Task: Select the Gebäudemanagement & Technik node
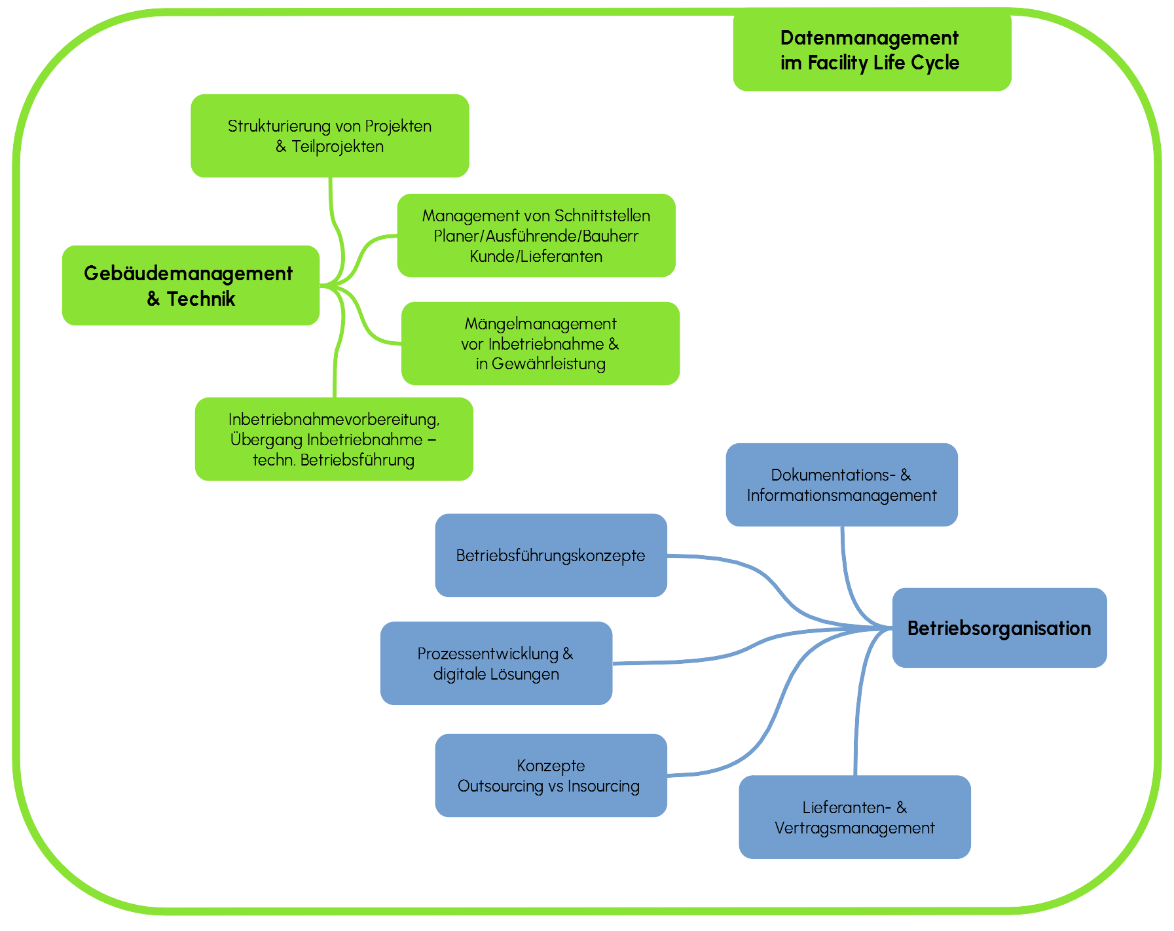tap(191, 285)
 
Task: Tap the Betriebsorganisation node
tap(999, 628)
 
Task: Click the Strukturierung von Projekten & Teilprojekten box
tap(329, 136)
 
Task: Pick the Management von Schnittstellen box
tap(536, 235)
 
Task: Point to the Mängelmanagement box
tap(540, 343)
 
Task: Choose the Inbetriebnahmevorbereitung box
tap(334, 439)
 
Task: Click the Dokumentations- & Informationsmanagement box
tap(841, 484)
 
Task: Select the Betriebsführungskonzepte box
tap(551, 555)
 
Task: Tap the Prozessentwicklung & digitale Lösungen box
tap(496, 663)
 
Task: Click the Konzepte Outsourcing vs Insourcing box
tap(551, 775)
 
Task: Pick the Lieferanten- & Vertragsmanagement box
tap(854, 817)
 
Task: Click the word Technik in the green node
tap(200, 299)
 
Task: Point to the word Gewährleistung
tap(548, 364)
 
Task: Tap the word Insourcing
tap(603, 786)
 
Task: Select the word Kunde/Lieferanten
tap(536, 257)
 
